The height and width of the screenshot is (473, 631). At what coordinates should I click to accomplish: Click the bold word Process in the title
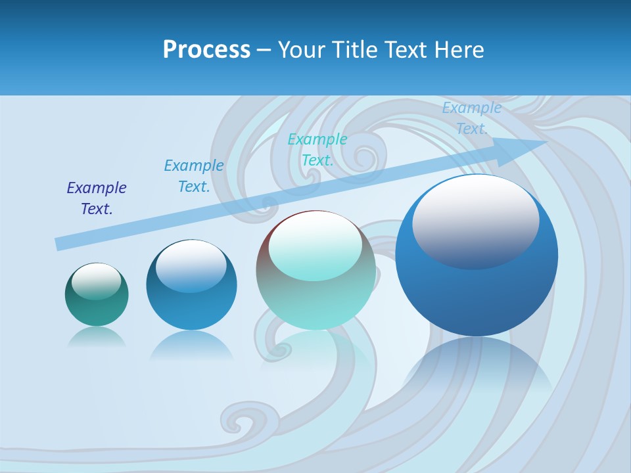[x=206, y=50]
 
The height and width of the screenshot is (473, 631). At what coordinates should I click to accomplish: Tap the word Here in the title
[x=459, y=50]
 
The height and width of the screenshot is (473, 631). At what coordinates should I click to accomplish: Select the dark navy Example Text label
[x=97, y=198]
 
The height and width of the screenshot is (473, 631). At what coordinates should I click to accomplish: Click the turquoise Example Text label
[x=317, y=150]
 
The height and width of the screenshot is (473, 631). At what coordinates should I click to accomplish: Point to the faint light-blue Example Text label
[x=471, y=118]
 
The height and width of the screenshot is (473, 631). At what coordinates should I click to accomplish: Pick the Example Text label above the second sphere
[x=194, y=176]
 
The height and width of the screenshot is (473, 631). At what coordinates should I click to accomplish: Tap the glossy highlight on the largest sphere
[x=475, y=220]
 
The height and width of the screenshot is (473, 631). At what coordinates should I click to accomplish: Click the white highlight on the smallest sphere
[x=97, y=281]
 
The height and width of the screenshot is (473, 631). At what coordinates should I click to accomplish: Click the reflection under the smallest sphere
[x=97, y=338]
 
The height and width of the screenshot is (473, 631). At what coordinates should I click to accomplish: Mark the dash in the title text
[x=264, y=50]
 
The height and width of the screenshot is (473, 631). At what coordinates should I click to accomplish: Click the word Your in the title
[x=300, y=50]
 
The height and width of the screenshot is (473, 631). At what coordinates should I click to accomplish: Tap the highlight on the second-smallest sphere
[x=191, y=267]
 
